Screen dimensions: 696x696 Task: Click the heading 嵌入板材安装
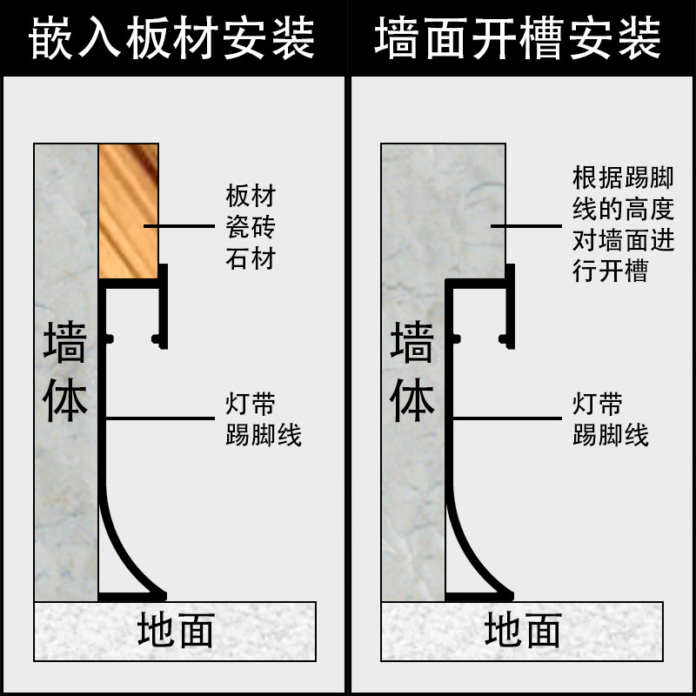[x=172, y=39]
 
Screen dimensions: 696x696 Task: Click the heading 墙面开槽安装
[x=519, y=39]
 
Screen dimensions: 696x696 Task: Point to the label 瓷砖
[x=250, y=227]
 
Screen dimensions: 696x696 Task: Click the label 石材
[x=250, y=258]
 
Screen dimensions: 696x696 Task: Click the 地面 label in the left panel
[x=175, y=631]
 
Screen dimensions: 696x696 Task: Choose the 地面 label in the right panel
[x=522, y=631]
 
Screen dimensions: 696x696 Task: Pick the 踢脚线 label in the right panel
[x=611, y=434]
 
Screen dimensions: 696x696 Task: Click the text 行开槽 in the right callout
[x=611, y=271]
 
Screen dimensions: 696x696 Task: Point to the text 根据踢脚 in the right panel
[x=623, y=177]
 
